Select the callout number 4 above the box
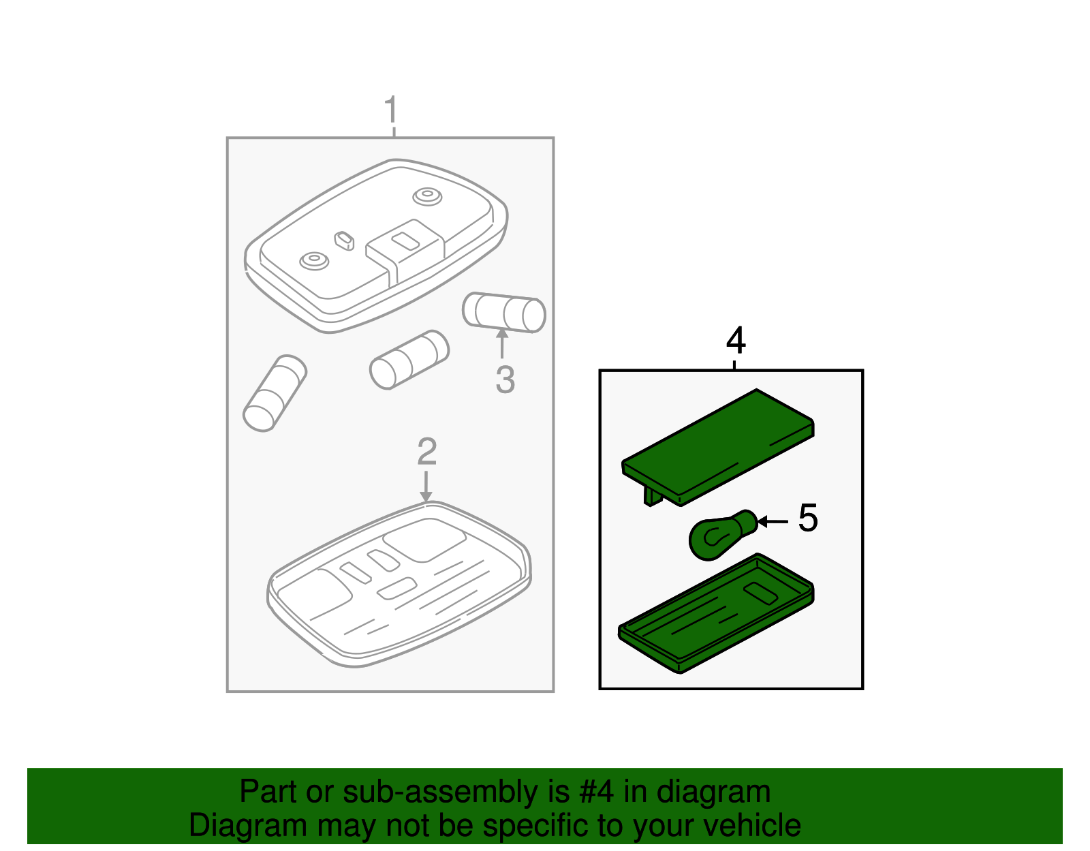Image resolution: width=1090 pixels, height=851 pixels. coord(736,341)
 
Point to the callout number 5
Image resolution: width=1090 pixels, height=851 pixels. coord(808,518)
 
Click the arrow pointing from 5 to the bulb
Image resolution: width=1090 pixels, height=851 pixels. coord(773,522)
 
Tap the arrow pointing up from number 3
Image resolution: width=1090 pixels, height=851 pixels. coord(501,343)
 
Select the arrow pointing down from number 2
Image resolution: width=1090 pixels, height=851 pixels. coord(426,486)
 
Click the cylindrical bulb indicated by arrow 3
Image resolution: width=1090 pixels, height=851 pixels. coord(503,313)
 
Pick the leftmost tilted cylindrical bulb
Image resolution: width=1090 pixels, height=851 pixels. coord(275,393)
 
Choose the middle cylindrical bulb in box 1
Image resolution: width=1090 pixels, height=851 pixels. coord(409,359)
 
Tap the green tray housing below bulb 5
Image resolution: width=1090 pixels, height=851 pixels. coord(716,613)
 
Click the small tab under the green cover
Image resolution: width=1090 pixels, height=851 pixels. coord(652,497)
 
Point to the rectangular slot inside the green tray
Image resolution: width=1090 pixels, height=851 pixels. coord(760,593)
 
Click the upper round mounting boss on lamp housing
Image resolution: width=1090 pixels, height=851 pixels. coord(427,196)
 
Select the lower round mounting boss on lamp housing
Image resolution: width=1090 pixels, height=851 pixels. coord(314,261)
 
